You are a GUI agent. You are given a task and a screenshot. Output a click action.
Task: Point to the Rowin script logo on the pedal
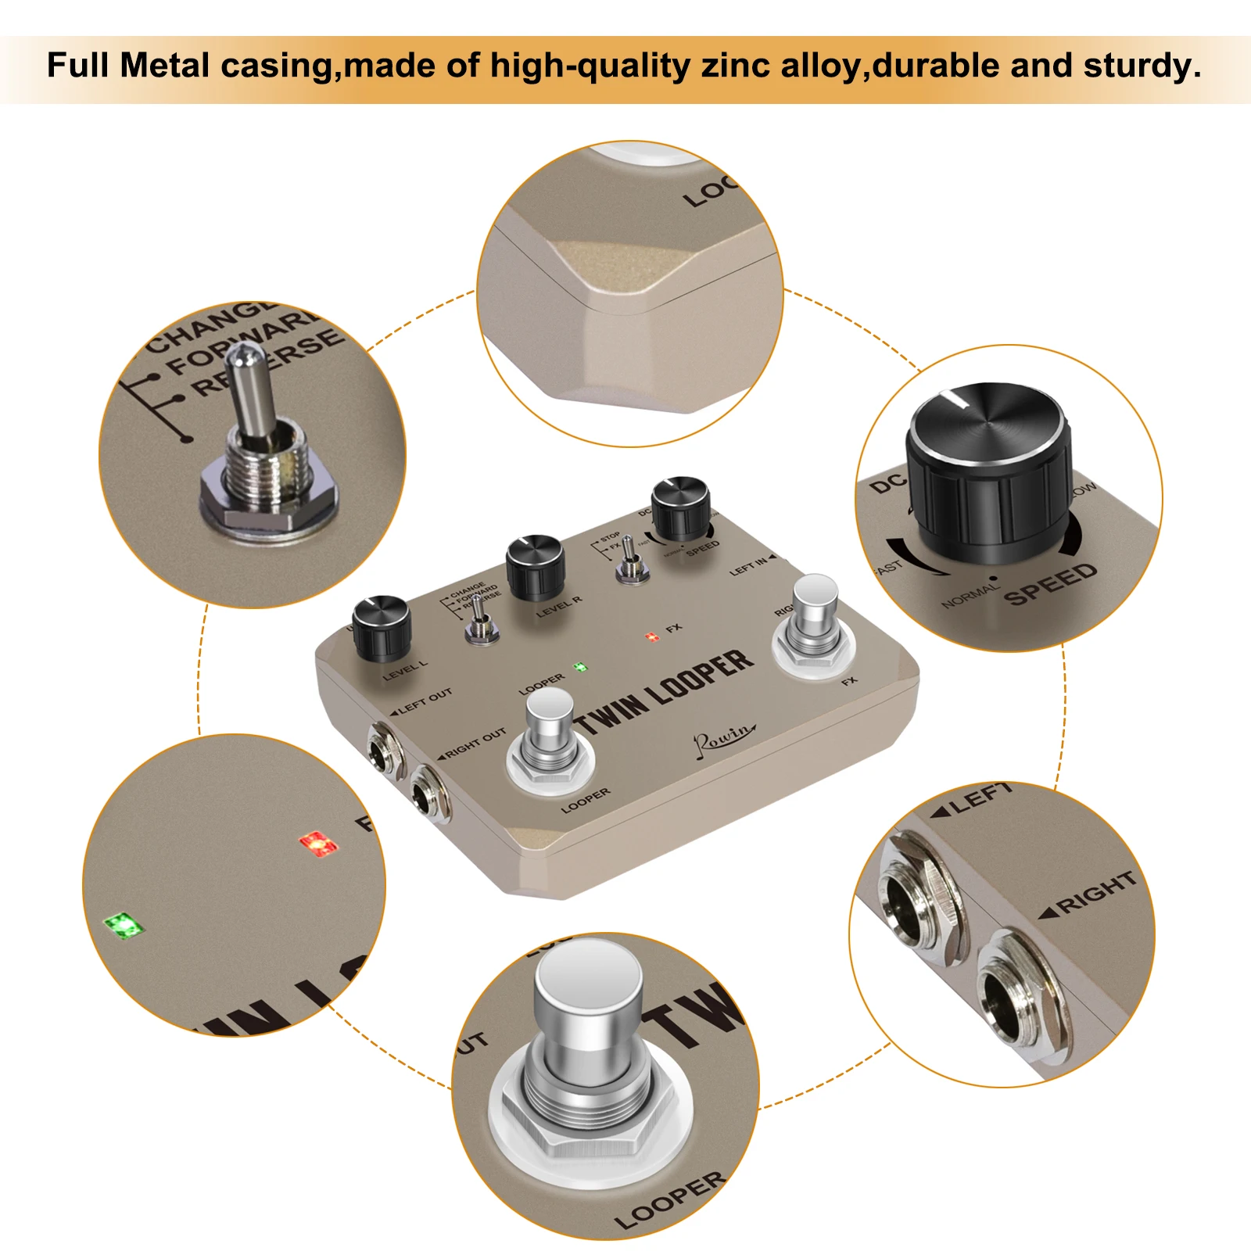click(x=722, y=737)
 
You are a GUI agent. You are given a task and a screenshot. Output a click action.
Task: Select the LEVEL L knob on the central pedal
click(x=382, y=627)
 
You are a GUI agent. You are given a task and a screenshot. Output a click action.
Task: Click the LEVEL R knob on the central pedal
click(x=536, y=566)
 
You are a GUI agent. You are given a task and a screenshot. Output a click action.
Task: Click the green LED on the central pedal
click(x=580, y=668)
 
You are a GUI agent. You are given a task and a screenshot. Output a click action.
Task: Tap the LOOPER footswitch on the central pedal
click(x=550, y=735)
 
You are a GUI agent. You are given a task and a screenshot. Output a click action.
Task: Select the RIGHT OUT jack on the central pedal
click(x=428, y=794)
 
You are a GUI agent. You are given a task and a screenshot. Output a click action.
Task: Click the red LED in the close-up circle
click(x=318, y=844)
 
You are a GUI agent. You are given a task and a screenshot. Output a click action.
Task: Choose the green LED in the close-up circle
click(x=124, y=927)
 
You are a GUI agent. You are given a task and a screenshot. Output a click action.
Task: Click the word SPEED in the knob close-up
click(x=1050, y=584)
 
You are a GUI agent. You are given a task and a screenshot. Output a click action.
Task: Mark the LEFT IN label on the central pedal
click(x=749, y=567)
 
